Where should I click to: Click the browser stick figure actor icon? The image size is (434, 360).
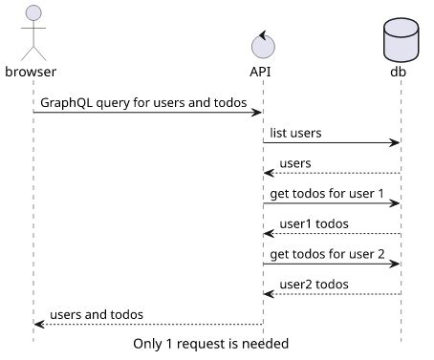click(x=33, y=32)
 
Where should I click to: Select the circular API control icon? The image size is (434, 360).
click(x=263, y=44)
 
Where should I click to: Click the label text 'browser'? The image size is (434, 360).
click(x=31, y=72)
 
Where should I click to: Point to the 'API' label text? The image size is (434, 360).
click(x=263, y=72)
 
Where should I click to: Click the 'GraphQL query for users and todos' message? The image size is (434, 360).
click(x=143, y=102)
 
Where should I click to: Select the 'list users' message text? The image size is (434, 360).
click(x=296, y=133)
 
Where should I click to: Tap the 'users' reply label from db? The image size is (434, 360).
click(x=295, y=163)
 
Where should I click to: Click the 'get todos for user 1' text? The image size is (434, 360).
click(x=327, y=194)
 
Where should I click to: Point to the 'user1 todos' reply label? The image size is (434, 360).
click(x=314, y=224)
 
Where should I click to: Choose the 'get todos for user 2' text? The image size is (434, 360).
click(x=327, y=254)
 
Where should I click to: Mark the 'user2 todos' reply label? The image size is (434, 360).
click(x=314, y=285)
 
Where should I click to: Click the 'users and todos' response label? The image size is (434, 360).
click(x=96, y=314)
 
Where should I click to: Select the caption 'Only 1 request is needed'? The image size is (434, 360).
click(x=210, y=343)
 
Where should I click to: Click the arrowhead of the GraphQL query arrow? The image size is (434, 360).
click(x=257, y=113)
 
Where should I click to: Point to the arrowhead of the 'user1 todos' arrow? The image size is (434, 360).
click(x=270, y=234)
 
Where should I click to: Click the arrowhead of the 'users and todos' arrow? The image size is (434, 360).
click(x=39, y=325)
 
